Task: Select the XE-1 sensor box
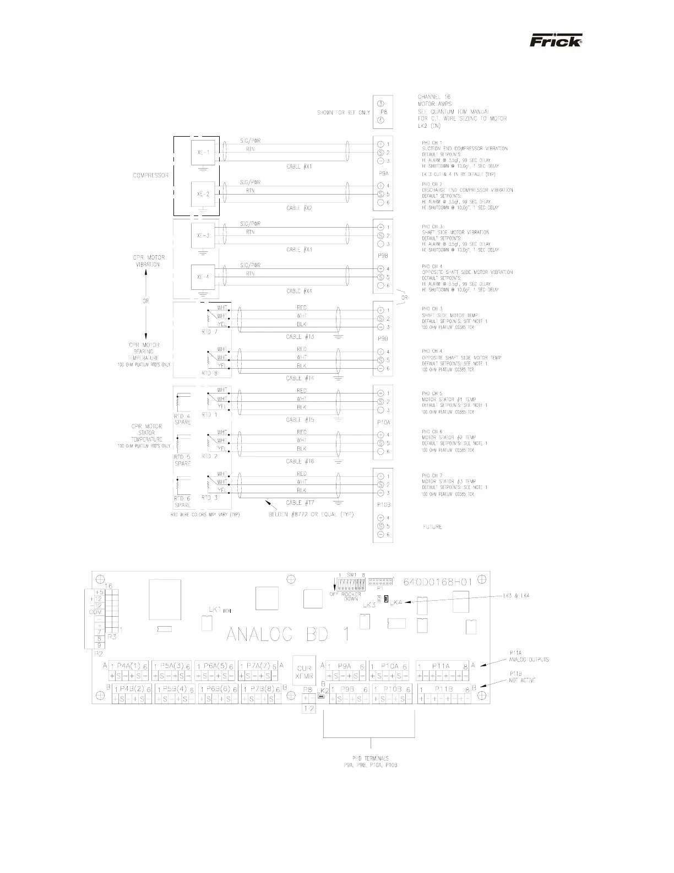(x=203, y=152)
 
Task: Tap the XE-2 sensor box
(x=203, y=194)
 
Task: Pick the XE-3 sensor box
(x=203, y=235)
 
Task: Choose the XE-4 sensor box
(x=203, y=277)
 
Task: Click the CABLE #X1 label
(x=300, y=166)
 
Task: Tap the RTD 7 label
(x=209, y=332)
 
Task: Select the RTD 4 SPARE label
(x=182, y=419)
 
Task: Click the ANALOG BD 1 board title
(x=287, y=634)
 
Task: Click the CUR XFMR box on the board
(x=304, y=671)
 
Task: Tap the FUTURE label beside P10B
(x=432, y=527)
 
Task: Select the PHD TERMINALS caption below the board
(x=370, y=762)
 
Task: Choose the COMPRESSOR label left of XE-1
(x=150, y=176)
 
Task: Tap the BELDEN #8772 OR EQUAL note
(x=311, y=514)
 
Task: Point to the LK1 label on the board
(x=215, y=610)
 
